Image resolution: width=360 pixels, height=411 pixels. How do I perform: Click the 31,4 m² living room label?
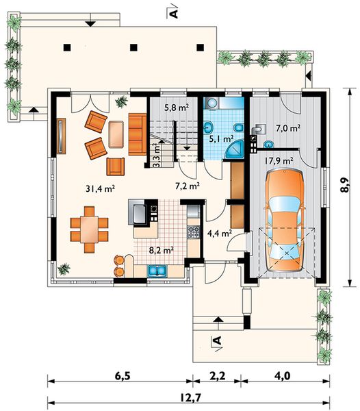pyautogui.click(x=101, y=188)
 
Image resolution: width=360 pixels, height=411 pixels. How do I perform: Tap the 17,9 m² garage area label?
pyautogui.click(x=279, y=161)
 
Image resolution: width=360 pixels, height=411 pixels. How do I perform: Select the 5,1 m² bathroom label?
pyautogui.click(x=221, y=138)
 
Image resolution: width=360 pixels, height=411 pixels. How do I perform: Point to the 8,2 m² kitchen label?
pyautogui.click(x=162, y=251)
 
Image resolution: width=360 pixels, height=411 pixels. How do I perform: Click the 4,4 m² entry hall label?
pyautogui.click(x=220, y=233)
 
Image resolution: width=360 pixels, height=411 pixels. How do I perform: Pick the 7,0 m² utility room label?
pyautogui.click(x=288, y=128)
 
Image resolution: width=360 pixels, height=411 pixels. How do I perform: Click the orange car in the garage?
pyautogui.click(x=285, y=221)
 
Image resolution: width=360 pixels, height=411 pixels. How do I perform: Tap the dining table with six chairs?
pyautogui.click(x=89, y=229)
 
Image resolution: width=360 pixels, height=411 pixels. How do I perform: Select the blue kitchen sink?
pyautogui.click(x=157, y=271)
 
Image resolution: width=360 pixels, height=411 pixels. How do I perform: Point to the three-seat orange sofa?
pyautogui.click(x=138, y=134)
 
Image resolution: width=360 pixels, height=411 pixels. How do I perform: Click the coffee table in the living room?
pyautogui.click(x=116, y=134)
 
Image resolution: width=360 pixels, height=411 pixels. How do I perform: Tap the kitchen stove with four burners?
pyautogui.click(x=194, y=232)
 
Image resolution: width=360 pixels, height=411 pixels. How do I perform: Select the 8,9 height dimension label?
pyautogui.click(x=345, y=186)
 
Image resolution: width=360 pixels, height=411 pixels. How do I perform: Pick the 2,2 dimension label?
pyautogui.click(x=217, y=376)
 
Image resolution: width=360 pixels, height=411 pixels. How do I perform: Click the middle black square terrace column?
pyautogui.click(x=133, y=47)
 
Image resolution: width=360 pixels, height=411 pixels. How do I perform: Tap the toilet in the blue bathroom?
pyautogui.click(x=238, y=127)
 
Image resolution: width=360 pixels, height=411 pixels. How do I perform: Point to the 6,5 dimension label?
pyautogui.click(x=123, y=376)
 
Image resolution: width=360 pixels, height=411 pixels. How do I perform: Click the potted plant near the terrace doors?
pyautogui.click(x=122, y=101)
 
